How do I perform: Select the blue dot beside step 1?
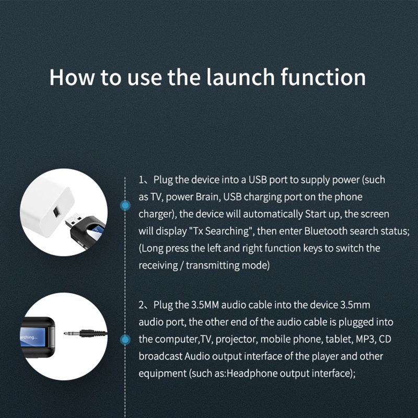(x=125, y=206)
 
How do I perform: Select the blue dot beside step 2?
(x=125, y=341)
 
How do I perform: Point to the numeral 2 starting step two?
(x=141, y=305)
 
